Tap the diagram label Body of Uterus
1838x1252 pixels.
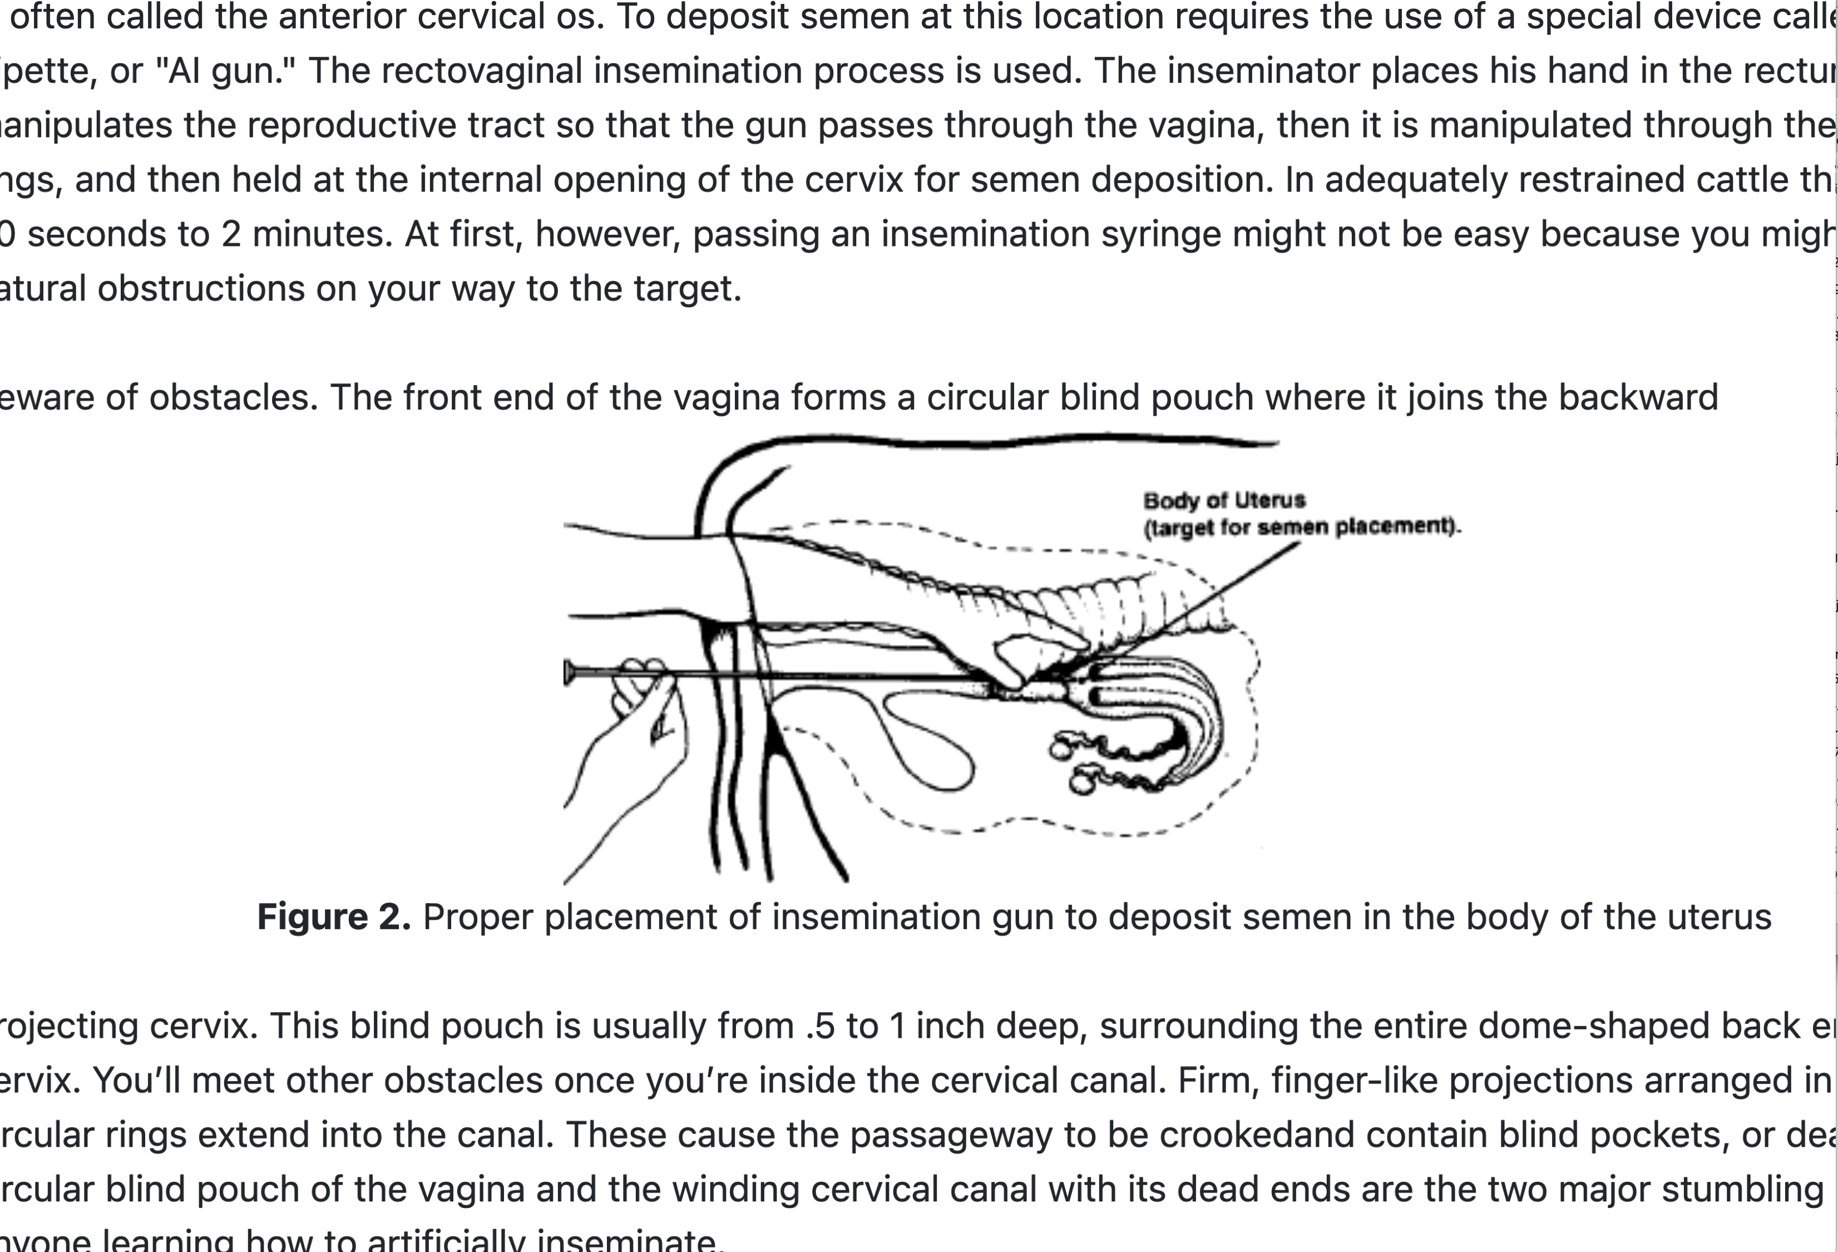click(x=1223, y=501)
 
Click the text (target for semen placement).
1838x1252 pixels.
click(x=1302, y=527)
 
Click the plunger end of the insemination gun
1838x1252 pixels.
click(x=569, y=672)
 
